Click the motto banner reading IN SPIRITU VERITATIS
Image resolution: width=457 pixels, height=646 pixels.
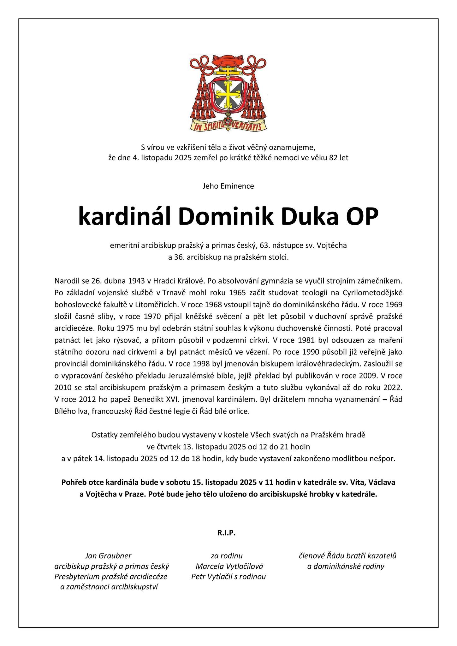[x=228, y=126]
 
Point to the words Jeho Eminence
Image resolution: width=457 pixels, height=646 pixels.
[x=228, y=186]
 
